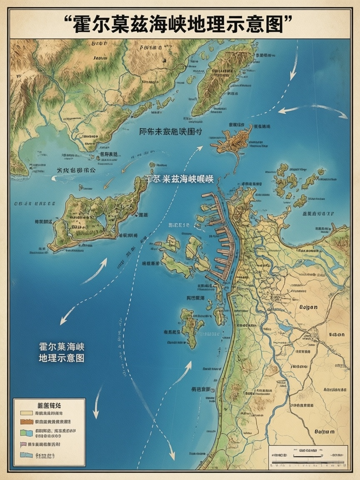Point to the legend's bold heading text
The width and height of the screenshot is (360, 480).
coord(49,405)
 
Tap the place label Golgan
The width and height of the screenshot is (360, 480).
coord(308,307)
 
